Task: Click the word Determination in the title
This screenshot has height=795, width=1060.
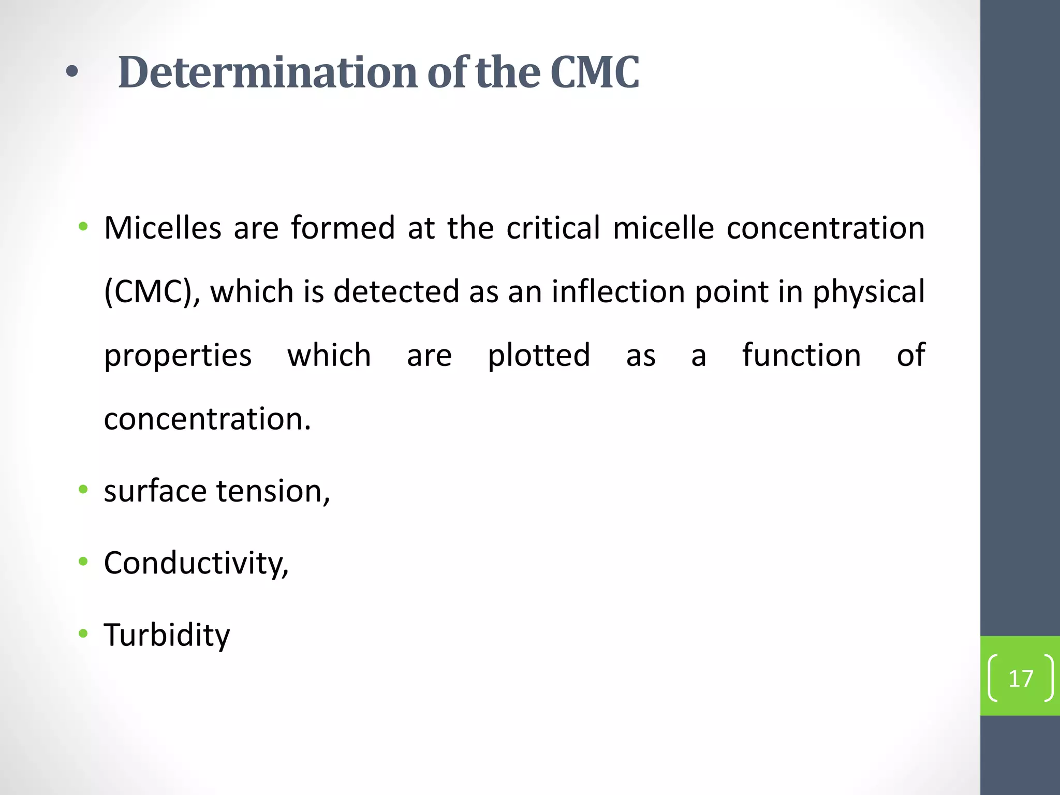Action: coord(268,72)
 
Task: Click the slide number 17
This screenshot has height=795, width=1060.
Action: coord(1021,679)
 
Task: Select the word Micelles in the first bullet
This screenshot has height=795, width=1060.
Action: coord(163,228)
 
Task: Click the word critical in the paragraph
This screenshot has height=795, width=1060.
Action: coord(553,228)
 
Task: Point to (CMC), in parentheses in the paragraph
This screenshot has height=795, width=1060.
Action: coord(152,291)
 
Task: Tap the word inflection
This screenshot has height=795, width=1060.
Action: coord(618,291)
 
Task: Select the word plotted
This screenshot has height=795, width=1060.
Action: coord(539,356)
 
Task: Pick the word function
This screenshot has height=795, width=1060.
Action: coord(802,355)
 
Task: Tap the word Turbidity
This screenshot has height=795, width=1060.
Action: coord(167,635)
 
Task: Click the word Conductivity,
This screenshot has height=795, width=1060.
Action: coord(196,563)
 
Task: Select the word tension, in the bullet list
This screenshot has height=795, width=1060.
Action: coord(273,491)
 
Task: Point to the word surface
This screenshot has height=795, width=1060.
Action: coord(155,491)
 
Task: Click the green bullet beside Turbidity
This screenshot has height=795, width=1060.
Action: coord(83,634)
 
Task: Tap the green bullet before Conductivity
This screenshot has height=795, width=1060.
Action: coord(83,562)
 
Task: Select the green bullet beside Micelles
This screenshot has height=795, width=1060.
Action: coord(83,226)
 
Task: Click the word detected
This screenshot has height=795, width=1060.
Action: coord(396,291)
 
